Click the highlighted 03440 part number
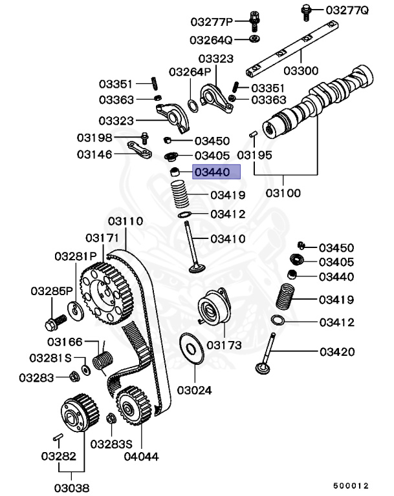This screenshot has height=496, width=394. coord(212,172)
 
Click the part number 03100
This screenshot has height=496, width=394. coord(285,193)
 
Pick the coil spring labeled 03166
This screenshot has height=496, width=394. coord(102,361)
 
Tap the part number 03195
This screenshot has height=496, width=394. coord(254,156)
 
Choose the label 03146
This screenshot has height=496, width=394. coord(94,154)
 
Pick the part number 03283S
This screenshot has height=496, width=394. coord(111,444)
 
